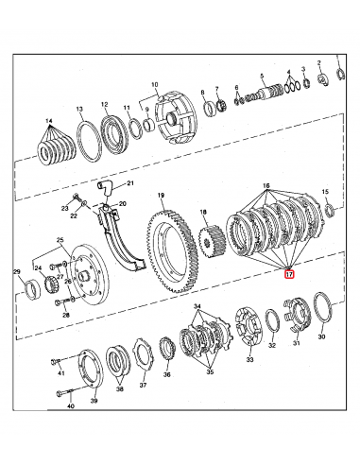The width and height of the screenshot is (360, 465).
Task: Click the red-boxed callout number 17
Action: tap(290, 274)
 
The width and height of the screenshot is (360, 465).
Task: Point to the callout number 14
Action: tap(49, 122)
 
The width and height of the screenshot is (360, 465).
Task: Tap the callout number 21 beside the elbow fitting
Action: tap(131, 183)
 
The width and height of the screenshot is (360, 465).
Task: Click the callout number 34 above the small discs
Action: tap(197, 307)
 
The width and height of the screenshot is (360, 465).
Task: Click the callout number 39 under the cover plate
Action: tap(94, 401)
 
